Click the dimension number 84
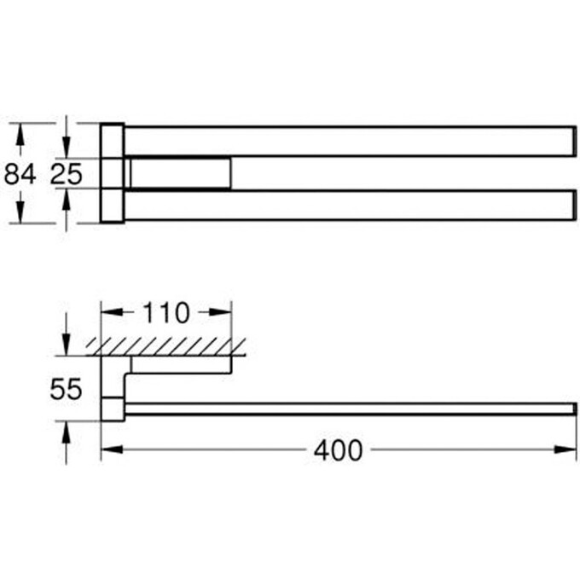(20, 174)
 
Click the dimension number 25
(67, 174)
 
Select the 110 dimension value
(166, 313)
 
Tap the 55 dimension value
(66, 389)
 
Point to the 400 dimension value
(338, 450)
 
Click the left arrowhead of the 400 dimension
(112, 449)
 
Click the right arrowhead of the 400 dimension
(565, 449)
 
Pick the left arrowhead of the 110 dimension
(112, 312)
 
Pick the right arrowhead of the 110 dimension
(220, 312)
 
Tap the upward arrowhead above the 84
(20, 134)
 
